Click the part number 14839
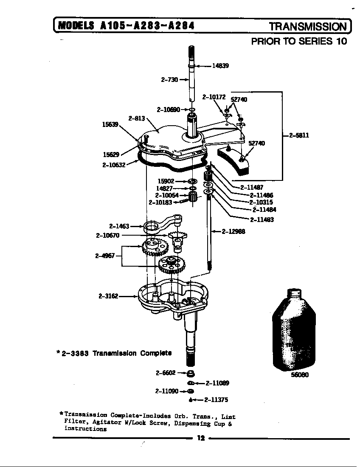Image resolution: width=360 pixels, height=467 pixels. (x=220, y=66)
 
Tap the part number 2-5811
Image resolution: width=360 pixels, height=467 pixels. (x=299, y=135)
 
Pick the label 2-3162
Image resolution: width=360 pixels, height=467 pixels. (x=109, y=296)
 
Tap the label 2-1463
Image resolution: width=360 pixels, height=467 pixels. (x=119, y=227)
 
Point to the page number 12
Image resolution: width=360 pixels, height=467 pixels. (x=201, y=439)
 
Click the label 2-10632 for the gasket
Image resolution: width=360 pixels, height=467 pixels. (x=113, y=165)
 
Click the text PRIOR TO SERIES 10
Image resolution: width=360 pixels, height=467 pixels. (x=299, y=41)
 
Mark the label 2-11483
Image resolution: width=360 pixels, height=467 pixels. (x=262, y=219)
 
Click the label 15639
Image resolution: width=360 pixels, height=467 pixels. (x=110, y=124)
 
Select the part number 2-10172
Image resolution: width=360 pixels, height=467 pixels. (x=214, y=97)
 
